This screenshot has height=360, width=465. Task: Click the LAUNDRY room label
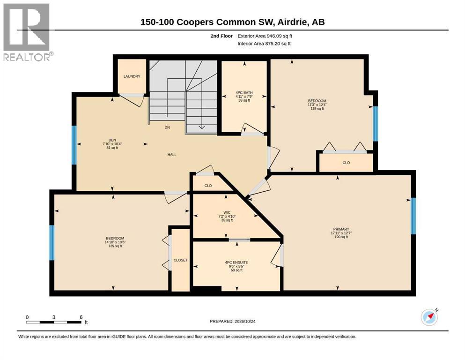pyautogui.click(x=132, y=76)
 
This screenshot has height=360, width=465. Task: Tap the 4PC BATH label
pyautogui.click(x=244, y=93)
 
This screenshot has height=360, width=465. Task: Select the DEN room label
pyautogui.click(x=112, y=140)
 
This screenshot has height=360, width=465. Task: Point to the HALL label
pyautogui.click(x=172, y=155)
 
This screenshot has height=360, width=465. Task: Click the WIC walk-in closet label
pyautogui.click(x=227, y=212)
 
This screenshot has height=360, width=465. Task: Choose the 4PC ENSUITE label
pyautogui.click(x=236, y=262)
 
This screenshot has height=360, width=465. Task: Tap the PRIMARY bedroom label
pyautogui.click(x=341, y=229)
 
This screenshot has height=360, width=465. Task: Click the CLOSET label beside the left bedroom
pyautogui.click(x=181, y=260)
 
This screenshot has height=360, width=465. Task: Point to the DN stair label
pyautogui.click(x=167, y=127)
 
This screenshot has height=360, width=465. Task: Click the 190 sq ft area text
pyautogui.click(x=341, y=237)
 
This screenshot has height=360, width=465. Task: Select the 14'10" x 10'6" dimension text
pyautogui.click(x=115, y=242)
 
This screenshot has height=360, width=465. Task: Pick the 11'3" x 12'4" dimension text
pyautogui.click(x=317, y=105)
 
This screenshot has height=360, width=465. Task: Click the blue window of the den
pyautogui.click(x=74, y=145)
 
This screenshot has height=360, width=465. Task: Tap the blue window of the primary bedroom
pyautogui.click(x=413, y=216)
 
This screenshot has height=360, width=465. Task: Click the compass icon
pyautogui.click(x=429, y=317)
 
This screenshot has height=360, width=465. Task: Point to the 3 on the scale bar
pyautogui.click(x=54, y=317)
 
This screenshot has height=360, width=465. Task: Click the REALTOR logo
pyautogui.click(x=27, y=32)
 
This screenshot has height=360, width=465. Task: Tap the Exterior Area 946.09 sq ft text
pyautogui.click(x=265, y=36)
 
